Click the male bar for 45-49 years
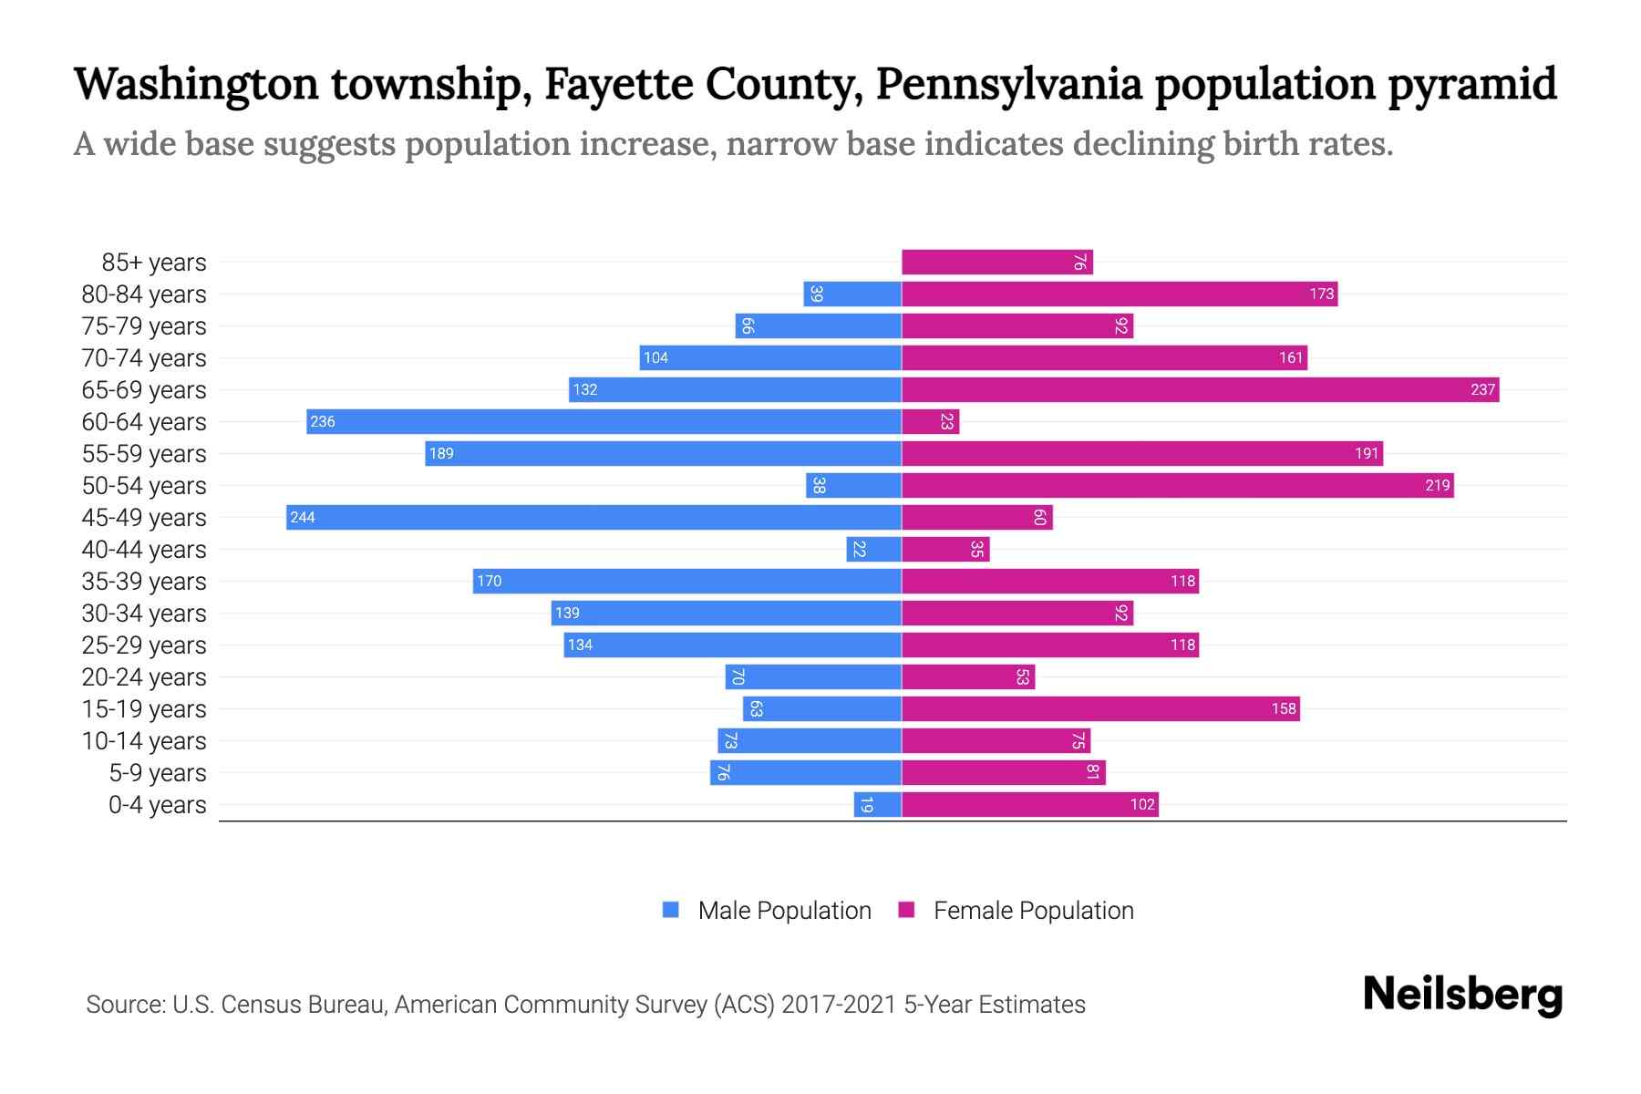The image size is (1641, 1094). click(x=593, y=517)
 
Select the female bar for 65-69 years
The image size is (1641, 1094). click(x=1200, y=389)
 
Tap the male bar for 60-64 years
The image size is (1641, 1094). click(x=604, y=421)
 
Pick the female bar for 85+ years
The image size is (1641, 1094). click(x=996, y=263)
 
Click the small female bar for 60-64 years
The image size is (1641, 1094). click(x=930, y=421)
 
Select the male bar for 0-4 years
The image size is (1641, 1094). click(x=877, y=804)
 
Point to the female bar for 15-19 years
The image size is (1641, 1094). click(x=1100, y=708)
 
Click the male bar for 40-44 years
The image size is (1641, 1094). click(x=873, y=549)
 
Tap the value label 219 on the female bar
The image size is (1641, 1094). click(x=1437, y=485)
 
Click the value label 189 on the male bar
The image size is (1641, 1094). click(x=441, y=454)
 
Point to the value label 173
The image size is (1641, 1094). click(x=1321, y=294)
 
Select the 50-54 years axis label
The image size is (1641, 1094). click(x=144, y=486)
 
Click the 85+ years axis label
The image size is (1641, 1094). click(x=154, y=263)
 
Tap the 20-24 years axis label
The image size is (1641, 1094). click(x=144, y=677)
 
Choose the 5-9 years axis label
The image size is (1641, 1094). click(x=158, y=773)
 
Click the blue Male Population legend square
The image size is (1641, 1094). click(x=671, y=910)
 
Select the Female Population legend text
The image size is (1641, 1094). click(x=1033, y=910)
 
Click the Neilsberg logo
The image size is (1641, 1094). click(x=1462, y=995)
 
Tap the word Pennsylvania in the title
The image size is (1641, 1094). click(x=1008, y=84)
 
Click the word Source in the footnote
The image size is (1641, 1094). click(x=124, y=1005)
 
